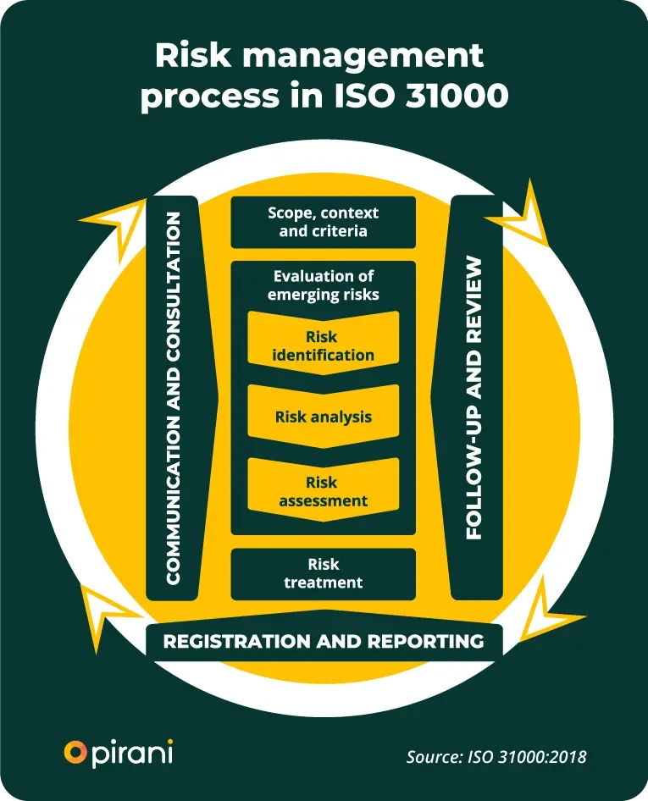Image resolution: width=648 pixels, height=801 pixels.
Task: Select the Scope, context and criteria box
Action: [324, 222]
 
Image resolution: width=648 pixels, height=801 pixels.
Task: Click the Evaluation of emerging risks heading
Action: [324, 285]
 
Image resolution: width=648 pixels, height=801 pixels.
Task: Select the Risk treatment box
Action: [324, 574]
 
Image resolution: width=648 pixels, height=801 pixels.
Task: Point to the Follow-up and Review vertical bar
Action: [475, 398]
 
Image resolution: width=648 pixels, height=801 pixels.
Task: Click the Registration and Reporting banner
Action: [324, 640]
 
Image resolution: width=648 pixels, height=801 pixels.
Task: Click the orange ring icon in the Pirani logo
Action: [75, 751]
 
